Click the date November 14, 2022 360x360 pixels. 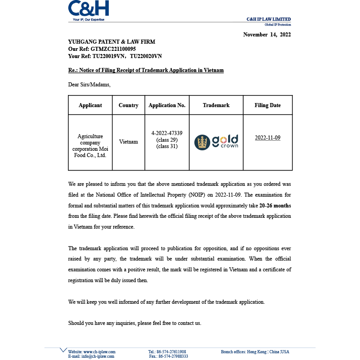pyautogui.click(x=267, y=35)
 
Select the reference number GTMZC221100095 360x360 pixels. pyautogui.click(x=113, y=49)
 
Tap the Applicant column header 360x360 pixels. pyautogui.click(x=90, y=105)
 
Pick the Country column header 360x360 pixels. pyautogui.click(x=128, y=105)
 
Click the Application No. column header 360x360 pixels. pyautogui.click(x=167, y=105)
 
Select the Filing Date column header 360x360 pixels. pyautogui.click(x=267, y=105)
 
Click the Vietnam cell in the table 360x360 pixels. pyautogui.click(x=128, y=142)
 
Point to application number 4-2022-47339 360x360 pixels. pyautogui.click(x=167, y=133)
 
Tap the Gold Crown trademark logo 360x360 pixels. pyautogui.click(x=216, y=142)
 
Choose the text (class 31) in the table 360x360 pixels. pyautogui.click(x=167, y=146)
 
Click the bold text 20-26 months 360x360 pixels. pyautogui.click(x=275, y=206)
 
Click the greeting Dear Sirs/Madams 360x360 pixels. pyautogui.click(x=89, y=84)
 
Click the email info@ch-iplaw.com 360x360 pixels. pyautogui.click(x=98, y=356)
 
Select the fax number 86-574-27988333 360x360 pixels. pyautogui.click(x=174, y=356)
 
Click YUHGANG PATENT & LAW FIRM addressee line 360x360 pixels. pyautogui.click(x=112, y=42)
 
